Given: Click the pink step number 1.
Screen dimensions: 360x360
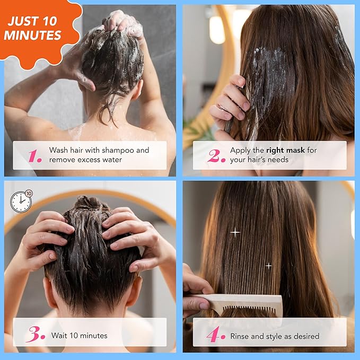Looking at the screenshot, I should coord(35,155).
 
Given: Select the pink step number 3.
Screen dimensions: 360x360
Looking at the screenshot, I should coord(36,335).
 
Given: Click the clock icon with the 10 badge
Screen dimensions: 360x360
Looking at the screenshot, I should coord(21,201).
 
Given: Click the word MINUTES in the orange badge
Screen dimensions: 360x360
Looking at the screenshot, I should coord(32,36).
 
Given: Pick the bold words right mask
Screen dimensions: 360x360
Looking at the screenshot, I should coord(286,150).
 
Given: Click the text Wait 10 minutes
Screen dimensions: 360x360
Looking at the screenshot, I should coord(79,335).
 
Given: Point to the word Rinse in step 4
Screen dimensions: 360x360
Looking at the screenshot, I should coord(241,336).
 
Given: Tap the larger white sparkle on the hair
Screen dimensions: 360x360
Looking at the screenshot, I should coord(235,232).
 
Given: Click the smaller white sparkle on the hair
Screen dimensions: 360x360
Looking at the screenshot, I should coord(268,265).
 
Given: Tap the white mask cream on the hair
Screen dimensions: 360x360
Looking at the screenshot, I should coord(270,74).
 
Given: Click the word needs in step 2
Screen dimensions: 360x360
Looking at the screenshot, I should coord(276,160).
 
